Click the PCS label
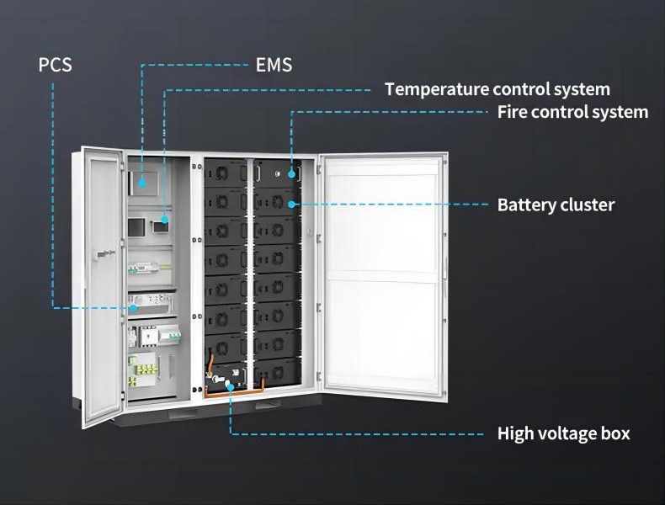tap(56, 65)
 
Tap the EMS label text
tap(274, 65)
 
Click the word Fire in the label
tap(511, 112)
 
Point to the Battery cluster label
tap(556, 205)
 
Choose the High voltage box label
tap(563, 434)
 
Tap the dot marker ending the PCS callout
tap(133, 308)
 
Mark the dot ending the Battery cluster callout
tap(291, 204)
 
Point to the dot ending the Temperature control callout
tap(165, 220)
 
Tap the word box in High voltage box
tap(615, 434)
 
